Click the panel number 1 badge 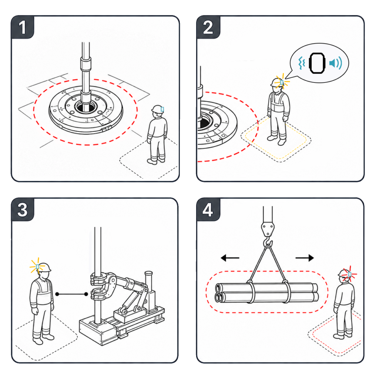click(x=23, y=27)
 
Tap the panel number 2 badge click(x=208, y=27)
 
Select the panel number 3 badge click(x=23, y=209)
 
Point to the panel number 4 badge click(x=208, y=209)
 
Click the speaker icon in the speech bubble click(x=336, y=63)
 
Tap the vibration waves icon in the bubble click(x=302, y=63)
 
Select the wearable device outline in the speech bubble click(x=317, y=63)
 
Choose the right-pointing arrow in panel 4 click(x=305, y=258)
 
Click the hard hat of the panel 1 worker click(x=157, y=109)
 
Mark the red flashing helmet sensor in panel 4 click(x=349, y=274)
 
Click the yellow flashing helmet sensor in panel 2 click(x=282, y=83)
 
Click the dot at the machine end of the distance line click(x=86, y=294)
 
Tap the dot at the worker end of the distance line click(x=57, y=294)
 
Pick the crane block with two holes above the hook click(x=268, y=229)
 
